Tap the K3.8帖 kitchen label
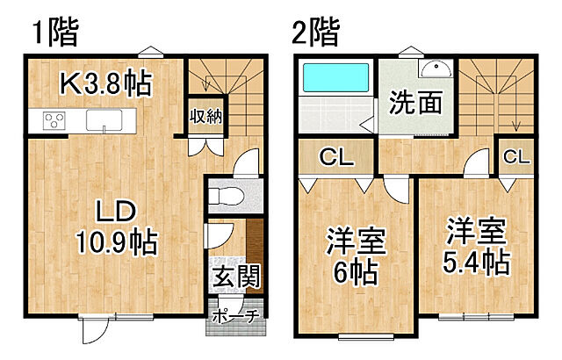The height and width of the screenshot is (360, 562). tap(106, 83)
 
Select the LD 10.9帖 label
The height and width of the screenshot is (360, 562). tap(114, 227)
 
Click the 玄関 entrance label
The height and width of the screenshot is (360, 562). tap(235, 277)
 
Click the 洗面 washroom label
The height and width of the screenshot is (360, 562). tap(415, 104)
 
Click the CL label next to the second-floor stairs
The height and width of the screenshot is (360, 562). tap(517, 159)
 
